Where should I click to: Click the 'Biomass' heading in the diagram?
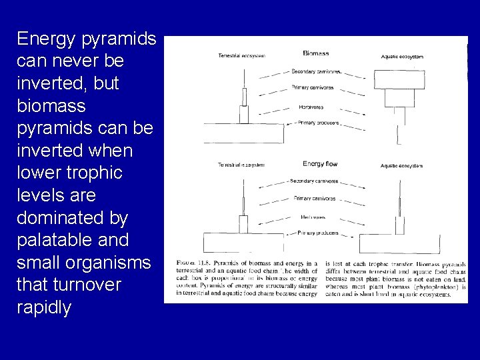pyautogui.click(x=315, y=53)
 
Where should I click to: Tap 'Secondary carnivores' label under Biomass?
pyautogui.click(x=316, y=71)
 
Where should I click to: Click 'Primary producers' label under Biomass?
pyautogui.click(x=317, y=123)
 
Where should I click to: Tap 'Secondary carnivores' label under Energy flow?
pyautogui.click(x=314, y=181)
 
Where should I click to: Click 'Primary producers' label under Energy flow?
pyautogui.click(x=317, y=233)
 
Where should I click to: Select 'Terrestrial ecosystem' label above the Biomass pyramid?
pyautogui.click(x=241, y=56)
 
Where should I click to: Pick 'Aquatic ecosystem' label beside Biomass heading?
pyautogui.click(x=402, y=57)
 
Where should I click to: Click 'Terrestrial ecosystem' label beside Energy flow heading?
pyautogui.click(x=241, y=165)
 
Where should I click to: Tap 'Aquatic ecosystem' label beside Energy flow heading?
pyautogui.click(x=402, y=165)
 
